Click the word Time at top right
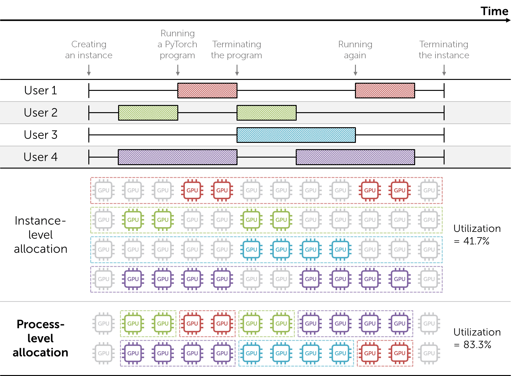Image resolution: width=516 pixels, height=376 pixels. (494, 11)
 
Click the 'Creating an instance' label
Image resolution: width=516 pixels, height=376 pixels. (89, 50)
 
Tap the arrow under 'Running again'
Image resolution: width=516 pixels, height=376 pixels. (355, 70)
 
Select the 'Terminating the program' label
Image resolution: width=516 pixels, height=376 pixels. (237, 50)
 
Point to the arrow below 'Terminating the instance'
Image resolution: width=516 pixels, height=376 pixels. (444, 70)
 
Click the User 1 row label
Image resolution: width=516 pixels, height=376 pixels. (41, 90)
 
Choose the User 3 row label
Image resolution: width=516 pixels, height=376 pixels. (41, 135)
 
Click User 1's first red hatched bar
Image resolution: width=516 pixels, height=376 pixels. (207, 91)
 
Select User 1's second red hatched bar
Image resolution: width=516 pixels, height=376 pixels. (385, 91)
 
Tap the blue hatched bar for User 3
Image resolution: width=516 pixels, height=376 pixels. (296, 135)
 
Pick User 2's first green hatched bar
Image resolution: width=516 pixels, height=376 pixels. (148, 113)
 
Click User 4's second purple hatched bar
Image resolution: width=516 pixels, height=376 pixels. (355, 157)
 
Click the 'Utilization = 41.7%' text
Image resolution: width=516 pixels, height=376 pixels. (477, 235)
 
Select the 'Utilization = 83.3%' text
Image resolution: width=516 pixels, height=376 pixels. (477, 338)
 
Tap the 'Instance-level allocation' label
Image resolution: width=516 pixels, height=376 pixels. (40, 235)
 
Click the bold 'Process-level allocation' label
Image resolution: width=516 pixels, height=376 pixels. (40, 338)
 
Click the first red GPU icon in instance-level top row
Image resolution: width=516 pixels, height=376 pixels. (192, 190)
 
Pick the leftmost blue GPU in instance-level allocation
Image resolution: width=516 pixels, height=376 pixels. (251, 250)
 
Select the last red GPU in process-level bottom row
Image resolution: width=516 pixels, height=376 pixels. (399, 353)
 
